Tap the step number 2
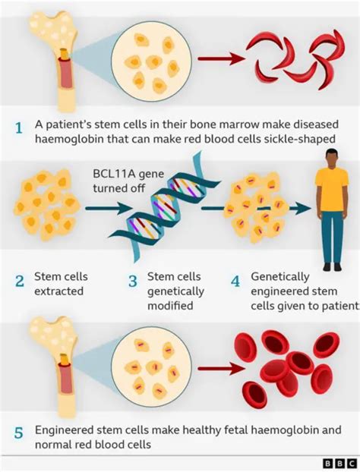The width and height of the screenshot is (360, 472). tap(19, 282)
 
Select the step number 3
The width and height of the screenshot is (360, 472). tap(132, 282)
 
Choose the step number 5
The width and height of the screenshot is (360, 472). tap(19, 434)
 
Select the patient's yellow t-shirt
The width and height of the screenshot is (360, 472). tap(331, 190)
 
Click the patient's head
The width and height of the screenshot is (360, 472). tap(332, 159)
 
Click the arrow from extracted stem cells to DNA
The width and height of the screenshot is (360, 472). tap(99, 206)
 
